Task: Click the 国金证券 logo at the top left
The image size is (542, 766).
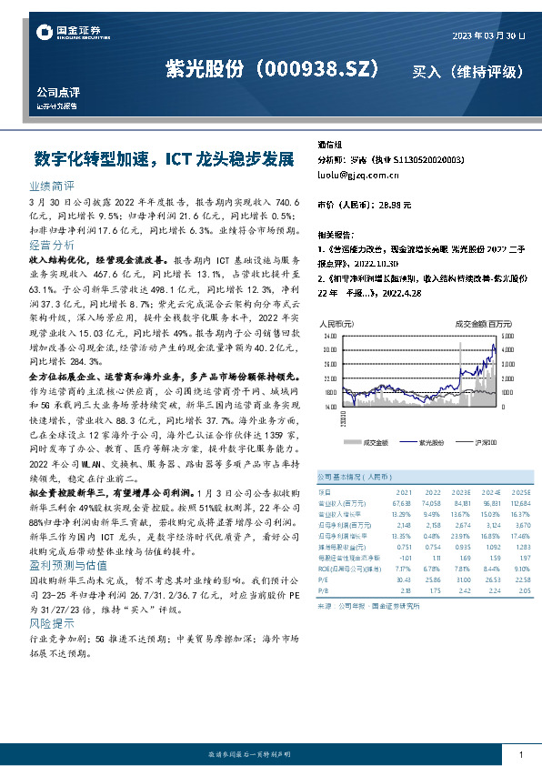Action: [x=64, y=33]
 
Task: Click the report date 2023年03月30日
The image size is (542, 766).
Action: [x=489, y=35]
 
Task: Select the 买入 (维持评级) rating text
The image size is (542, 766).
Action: [x=467, y=70]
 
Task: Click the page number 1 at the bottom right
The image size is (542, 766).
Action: [x=520, y=755]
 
